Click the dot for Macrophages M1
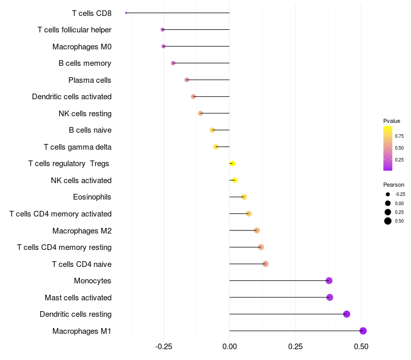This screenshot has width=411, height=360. tap(363, 331)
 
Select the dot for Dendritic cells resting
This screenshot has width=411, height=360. tap(346, 314)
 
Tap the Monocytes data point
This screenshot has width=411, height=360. tap(329, 281)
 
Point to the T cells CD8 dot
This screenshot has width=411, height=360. tap(126, 13)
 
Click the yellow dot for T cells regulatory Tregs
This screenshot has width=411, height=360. tap(232, 164)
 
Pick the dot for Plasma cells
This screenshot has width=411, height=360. tap(186, 80)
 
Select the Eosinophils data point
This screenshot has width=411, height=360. tap(244, 197)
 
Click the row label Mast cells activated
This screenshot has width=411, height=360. tap(78, 297)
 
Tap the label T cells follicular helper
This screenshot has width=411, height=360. tap(74, 30)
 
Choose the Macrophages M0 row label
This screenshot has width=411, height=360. tap(82, 47)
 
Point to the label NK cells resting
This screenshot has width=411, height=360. tap(85, 113)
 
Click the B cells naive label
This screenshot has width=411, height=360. tap(90, 130)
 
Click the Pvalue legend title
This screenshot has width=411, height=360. tap(391, 121)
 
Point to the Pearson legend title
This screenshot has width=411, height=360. tap(394, 185)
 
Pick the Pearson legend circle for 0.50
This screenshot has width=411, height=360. tap(388, 221)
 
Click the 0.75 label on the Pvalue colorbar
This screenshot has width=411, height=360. tap(399, 136)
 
